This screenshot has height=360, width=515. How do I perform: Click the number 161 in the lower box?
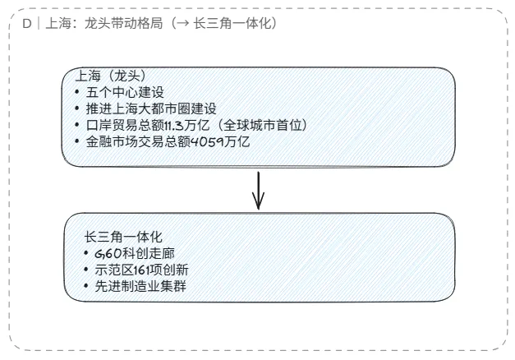(143, 270)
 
